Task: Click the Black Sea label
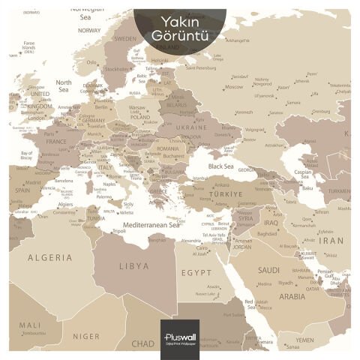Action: (x=223, y=166)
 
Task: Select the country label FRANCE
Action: (x=56, y=141)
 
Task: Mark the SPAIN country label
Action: (x=22, y=190)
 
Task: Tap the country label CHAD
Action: (x=142, y=343)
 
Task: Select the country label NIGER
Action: (x=90, y=336)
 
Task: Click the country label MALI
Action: (x=30, y=325)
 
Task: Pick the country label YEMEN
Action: (x=304, y=340)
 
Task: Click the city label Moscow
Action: (x=233, y=86)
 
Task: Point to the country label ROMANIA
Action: (x=168, y=148)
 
